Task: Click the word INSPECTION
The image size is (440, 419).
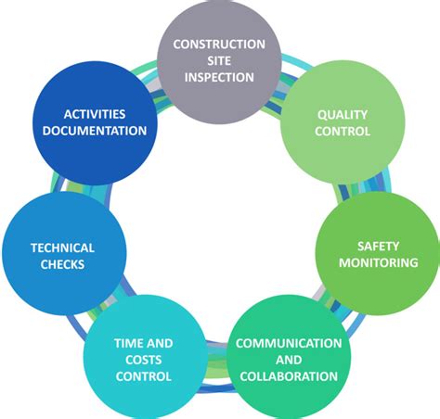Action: coord(218,77)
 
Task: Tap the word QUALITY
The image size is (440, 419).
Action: coord(342,114)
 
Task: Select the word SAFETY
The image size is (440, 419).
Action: coord(377,247)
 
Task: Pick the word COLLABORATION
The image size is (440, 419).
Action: coord(288,376)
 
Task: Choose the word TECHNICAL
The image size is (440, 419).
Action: coord(62,248)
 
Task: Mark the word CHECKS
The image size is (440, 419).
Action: coord(62,264)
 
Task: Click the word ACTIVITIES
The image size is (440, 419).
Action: coord(94,114)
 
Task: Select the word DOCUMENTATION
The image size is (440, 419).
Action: coord(94,131)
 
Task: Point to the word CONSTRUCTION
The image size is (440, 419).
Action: coord(218,44)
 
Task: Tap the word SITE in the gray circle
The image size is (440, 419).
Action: coord(218,60)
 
